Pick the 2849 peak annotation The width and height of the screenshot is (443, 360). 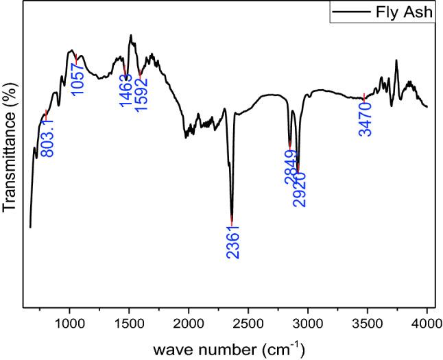tap(291, 169)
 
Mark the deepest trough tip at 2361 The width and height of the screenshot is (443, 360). tap(232, 219)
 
